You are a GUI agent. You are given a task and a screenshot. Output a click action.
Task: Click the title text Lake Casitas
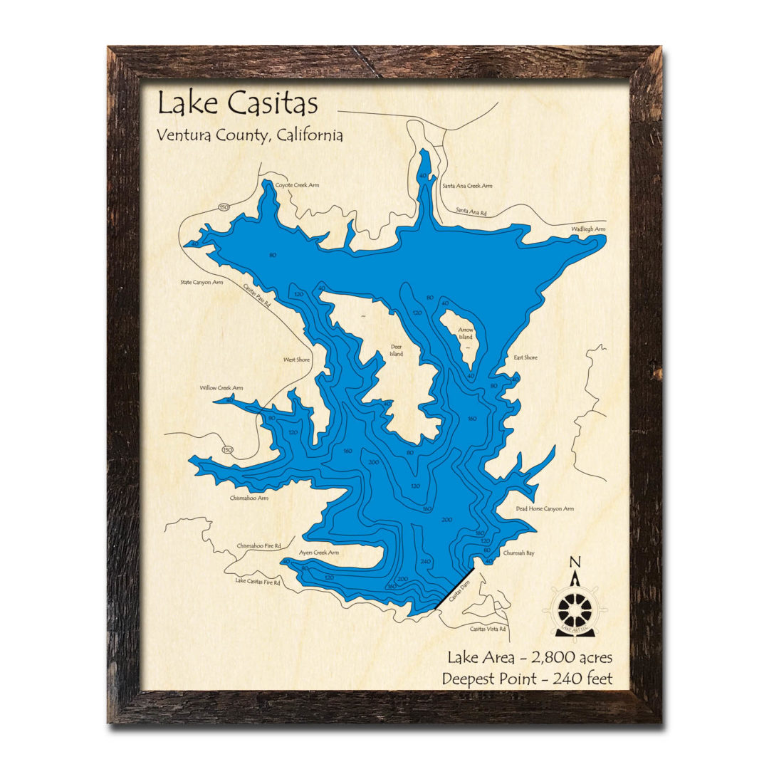tap(237, 104)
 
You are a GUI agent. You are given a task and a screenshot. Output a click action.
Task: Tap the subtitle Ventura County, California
tap(250, 135)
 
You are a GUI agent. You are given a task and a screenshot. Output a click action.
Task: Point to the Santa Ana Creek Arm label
tap(467, 187)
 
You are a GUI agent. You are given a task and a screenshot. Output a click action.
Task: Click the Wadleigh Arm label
tap(588, 229)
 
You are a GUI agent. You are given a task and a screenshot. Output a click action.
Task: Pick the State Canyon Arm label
tap(202, 282)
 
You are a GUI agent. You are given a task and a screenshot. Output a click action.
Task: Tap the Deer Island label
tap(397, 350)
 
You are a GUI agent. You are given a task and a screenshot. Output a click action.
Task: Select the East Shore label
tap(525, 357)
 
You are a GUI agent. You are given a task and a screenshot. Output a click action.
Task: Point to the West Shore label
tap(297, 360)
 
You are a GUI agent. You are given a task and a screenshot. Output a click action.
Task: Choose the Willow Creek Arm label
tap(221, 388)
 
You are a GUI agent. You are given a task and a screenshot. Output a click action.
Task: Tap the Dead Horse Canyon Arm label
tap(545, 509)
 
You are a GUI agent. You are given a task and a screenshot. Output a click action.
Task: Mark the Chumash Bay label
tap(519, 553)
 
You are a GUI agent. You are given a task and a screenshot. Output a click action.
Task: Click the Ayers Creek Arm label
tap(318, 553)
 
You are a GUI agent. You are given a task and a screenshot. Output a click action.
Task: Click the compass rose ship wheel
tap(575, 608)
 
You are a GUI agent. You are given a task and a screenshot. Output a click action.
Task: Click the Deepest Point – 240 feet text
tap(527, 678)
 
